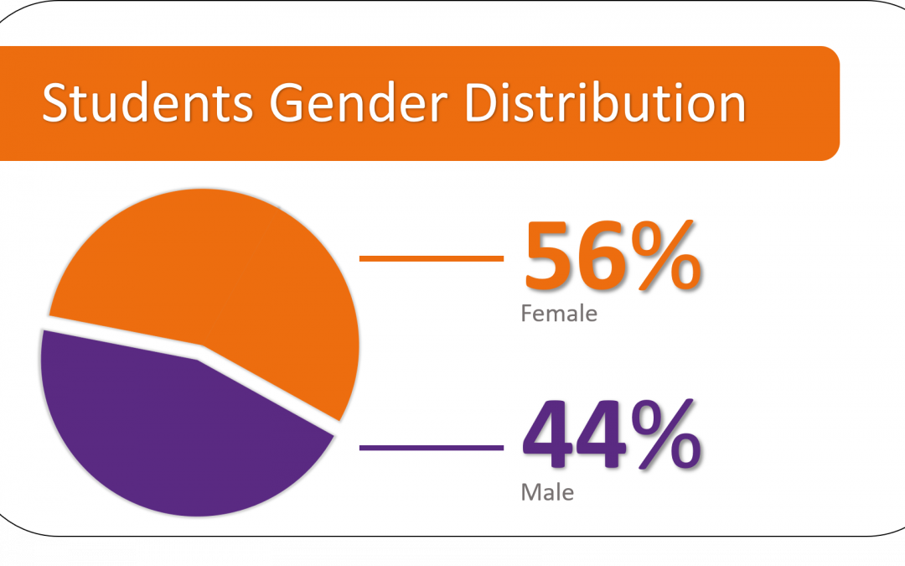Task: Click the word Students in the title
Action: (x=147, y=102)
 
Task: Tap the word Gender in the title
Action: (x=359, y=102)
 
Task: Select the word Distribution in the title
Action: (x=606, y=102)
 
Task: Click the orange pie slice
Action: (x=220, y=272)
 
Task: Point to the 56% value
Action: (x=613, y=255)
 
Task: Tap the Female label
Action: (x=559, y=314)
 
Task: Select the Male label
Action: (x=547, y=493)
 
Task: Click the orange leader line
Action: (x=432, y=259)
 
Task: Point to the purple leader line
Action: (x=432, y=448)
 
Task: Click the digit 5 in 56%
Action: (x=547, y=255)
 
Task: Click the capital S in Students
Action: (x=57, y=102)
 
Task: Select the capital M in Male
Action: (x=531, y=493)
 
